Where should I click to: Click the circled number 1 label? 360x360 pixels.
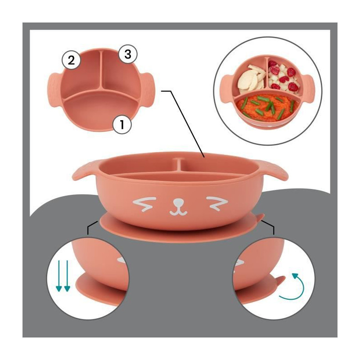[x=122, y=125]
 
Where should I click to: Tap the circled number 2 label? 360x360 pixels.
[x=72, y=60]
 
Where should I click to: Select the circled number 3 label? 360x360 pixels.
[x=128, y=54]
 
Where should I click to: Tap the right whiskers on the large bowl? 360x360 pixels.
[x=217, y=203]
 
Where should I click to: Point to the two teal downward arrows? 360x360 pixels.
[x=63, y=276]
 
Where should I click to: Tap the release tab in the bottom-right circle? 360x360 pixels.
[x=279, y=282]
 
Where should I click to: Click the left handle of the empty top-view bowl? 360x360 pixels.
[x=54, y=90]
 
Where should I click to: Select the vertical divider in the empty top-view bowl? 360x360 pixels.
[x=101, y=70]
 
